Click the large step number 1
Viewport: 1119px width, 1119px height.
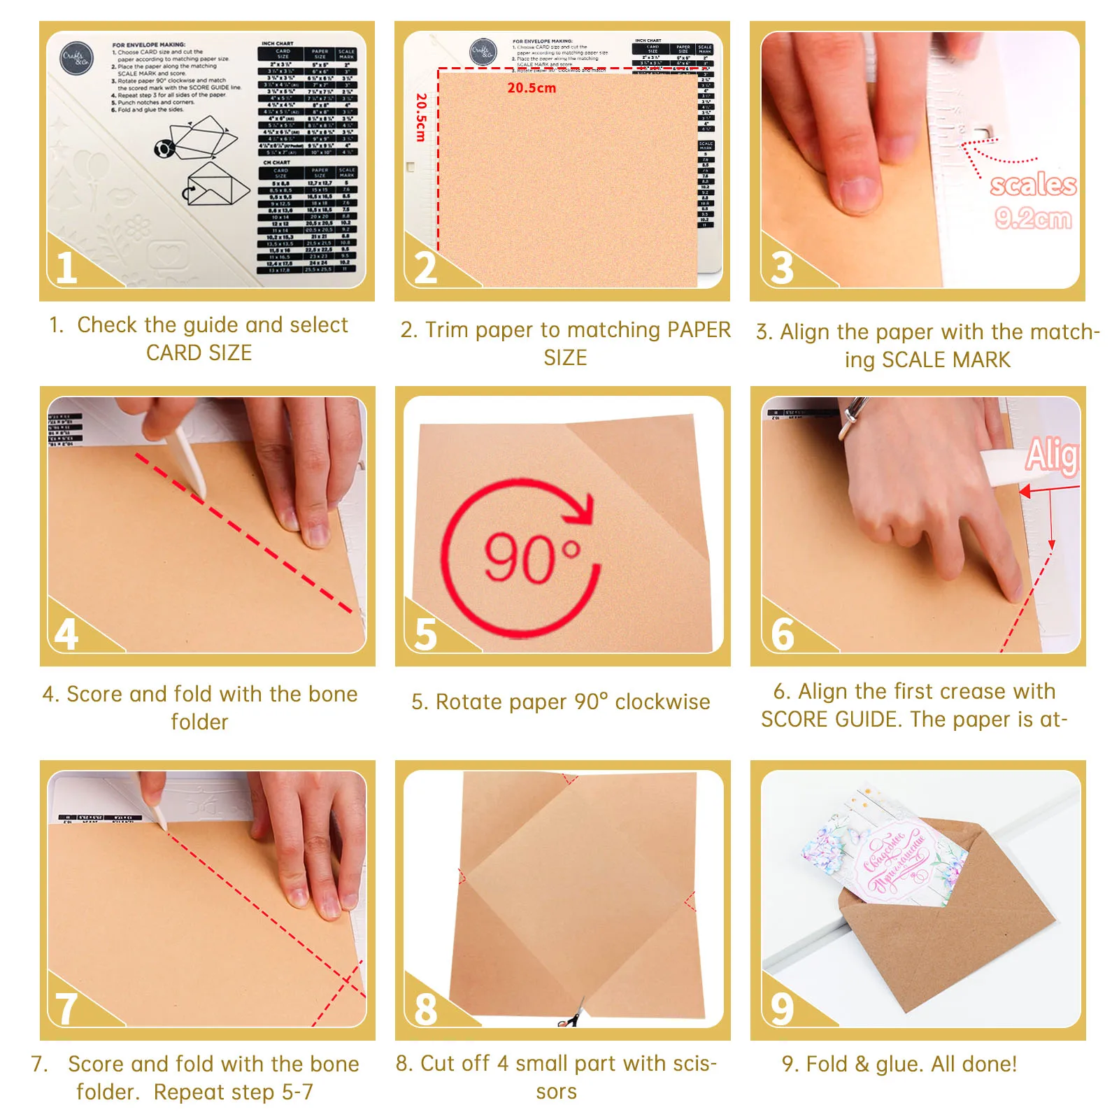point(66,267)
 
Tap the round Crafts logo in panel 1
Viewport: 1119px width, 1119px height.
point(76,58)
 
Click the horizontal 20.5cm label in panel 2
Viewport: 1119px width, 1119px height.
point(532,88)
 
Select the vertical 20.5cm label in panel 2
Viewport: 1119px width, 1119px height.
point(420,117)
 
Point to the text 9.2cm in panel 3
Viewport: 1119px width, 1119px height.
point(1032,218)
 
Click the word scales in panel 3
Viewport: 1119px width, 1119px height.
point(1033,185)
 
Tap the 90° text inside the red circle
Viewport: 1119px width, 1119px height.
point(532,557)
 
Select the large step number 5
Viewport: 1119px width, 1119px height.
point(425,634)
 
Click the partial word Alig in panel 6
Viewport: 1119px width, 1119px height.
point(1052,455)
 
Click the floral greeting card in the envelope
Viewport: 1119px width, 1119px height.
point(885,853)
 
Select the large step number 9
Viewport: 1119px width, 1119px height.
point(782,1008)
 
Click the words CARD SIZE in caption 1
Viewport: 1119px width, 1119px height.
point(199,353)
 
